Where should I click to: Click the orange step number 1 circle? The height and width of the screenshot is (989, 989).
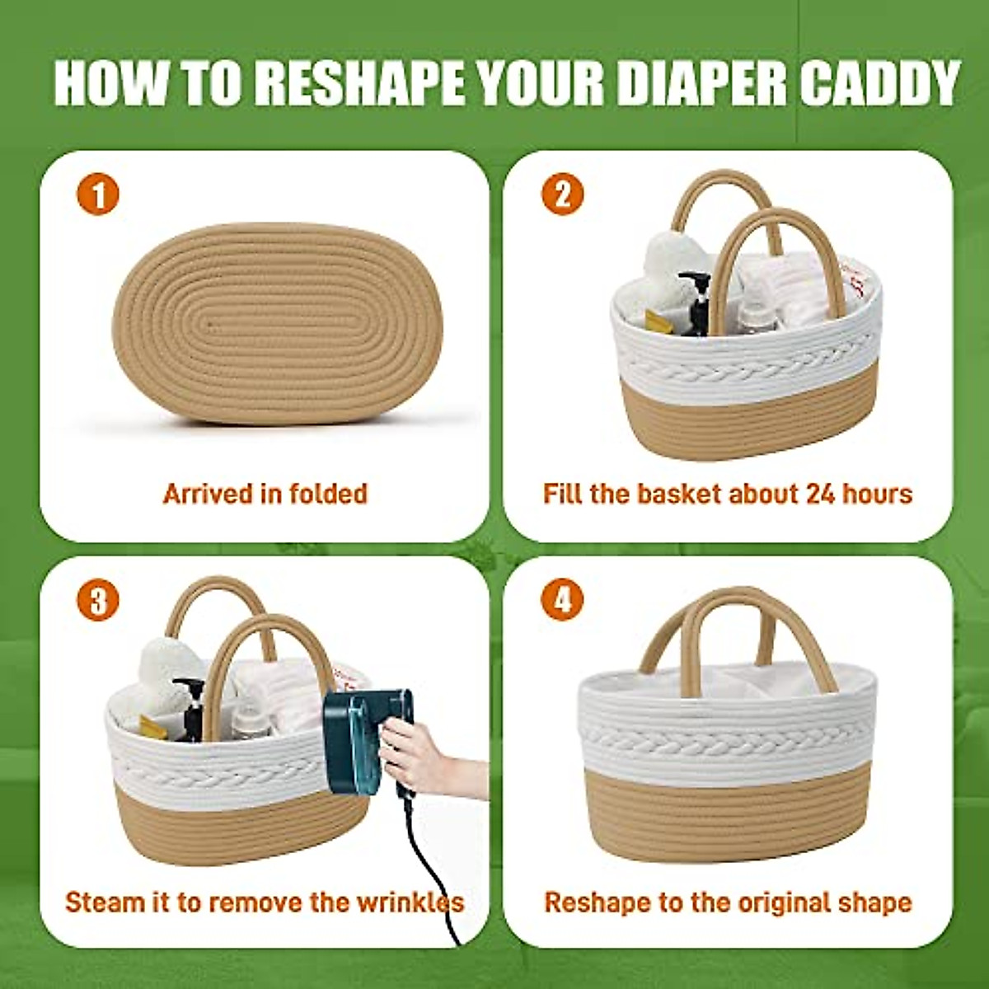98,195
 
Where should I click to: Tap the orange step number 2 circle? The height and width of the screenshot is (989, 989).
562,195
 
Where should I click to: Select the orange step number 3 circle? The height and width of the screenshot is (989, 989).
98,601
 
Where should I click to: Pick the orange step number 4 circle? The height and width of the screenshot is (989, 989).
562,601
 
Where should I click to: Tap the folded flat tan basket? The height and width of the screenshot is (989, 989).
277,324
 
